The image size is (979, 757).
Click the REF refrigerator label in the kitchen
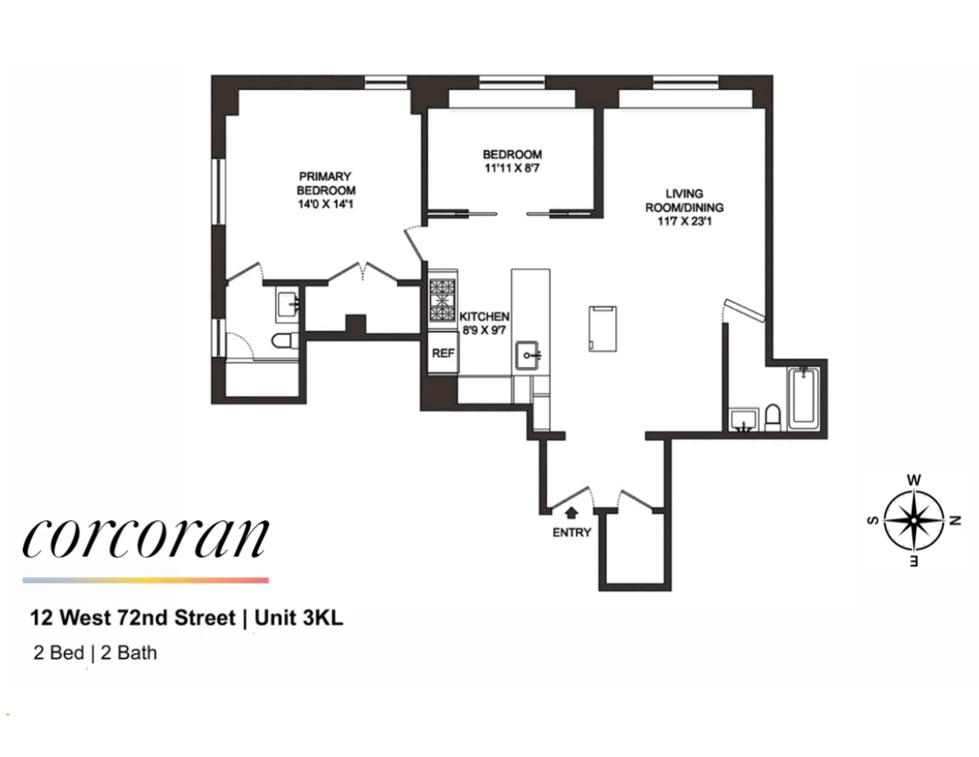(443, 353)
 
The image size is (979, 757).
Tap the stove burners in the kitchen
(442, 300)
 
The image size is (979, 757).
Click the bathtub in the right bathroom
(804, 398)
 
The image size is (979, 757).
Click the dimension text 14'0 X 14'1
(325, 205)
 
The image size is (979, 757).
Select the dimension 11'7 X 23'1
(684, 221)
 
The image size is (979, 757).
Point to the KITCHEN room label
(484, 317)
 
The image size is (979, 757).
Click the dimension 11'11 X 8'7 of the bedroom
(512, 169)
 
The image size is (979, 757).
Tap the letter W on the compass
(913, 480)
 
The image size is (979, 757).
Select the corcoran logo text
(146, 538)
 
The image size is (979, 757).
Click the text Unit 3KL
(298, 618)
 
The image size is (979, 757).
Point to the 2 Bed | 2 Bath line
(95, 653)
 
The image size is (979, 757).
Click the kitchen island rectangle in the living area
(603, 329)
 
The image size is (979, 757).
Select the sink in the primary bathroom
(287, 305)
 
